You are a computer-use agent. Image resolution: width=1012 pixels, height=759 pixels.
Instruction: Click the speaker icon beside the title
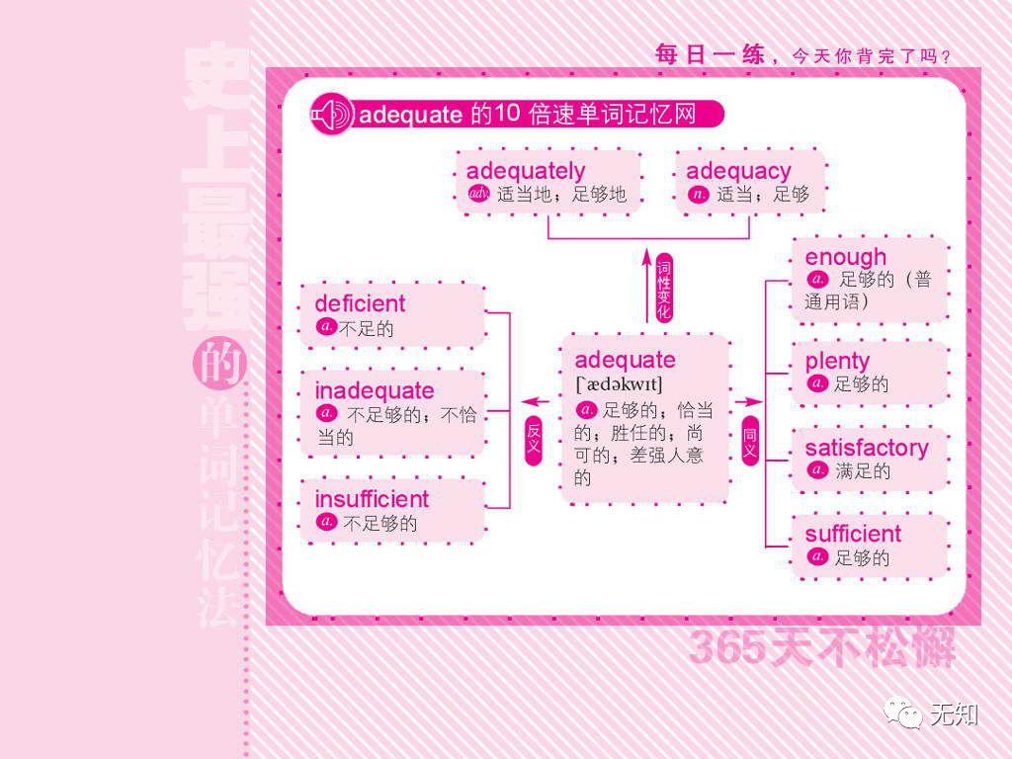[331, 115]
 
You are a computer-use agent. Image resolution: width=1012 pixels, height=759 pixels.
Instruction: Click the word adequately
[525, 171]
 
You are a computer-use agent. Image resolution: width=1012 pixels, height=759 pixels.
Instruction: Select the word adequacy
[738, 171]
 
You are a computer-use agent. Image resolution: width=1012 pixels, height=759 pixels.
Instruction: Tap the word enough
[845, 258]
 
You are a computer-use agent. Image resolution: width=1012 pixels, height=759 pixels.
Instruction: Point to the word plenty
[837, 361]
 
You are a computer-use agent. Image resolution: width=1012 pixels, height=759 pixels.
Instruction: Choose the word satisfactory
[867, 448]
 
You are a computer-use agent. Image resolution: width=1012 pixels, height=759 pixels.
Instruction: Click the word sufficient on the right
[853, 535]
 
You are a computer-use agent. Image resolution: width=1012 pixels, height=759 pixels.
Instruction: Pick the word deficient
[360, 303]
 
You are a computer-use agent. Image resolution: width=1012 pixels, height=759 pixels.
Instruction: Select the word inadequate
[374, 390]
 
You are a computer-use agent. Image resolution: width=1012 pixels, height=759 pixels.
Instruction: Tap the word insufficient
[372, 499]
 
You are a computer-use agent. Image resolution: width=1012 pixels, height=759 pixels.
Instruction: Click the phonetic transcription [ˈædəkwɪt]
[619, 384]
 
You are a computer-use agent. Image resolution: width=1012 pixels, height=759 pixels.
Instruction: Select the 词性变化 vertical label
[664, 288]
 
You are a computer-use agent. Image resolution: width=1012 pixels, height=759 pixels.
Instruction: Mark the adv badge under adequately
[479, 194]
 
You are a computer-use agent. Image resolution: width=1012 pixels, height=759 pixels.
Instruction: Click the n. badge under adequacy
[699, 194]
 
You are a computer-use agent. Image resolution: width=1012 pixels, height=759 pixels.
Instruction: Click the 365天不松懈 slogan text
[822, 648]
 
